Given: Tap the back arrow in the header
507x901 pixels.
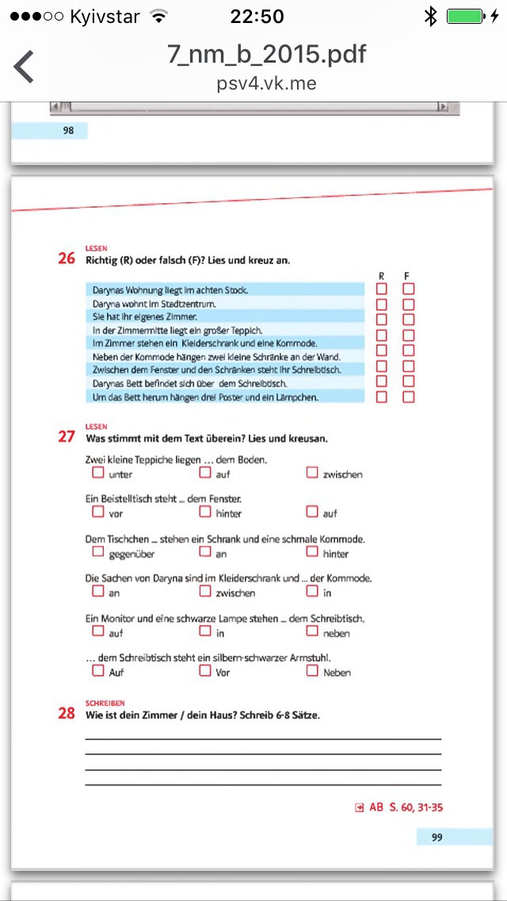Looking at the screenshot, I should pos(24,67).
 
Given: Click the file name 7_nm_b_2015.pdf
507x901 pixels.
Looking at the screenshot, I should pos(267,55).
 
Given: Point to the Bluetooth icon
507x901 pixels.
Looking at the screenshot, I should pos(430,16).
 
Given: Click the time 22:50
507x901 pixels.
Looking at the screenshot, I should pos(257,16).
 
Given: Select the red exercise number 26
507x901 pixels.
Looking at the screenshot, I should pos(67,259).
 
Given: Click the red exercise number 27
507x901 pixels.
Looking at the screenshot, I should pos(67,436).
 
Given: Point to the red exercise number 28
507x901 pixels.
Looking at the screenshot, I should pos(67,713).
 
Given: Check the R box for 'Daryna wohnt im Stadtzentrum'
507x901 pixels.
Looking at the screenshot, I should pos(382,304).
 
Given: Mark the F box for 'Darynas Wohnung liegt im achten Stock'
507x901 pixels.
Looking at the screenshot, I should pos(409,289).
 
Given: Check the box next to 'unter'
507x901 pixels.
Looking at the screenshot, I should pos(98,473).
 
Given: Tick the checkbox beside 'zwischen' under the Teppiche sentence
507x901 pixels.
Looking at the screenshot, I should pos(312,473).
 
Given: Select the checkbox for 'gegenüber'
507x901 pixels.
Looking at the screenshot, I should pos(98,552).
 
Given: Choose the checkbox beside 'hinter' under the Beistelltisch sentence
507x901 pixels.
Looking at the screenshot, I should pos(205,512).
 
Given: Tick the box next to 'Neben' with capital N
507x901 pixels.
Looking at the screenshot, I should pos(312,671).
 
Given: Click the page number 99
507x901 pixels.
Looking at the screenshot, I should pos(437,837).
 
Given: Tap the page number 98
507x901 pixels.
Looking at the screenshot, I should pos(68,131).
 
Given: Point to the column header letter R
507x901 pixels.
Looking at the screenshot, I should pos(381,275).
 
